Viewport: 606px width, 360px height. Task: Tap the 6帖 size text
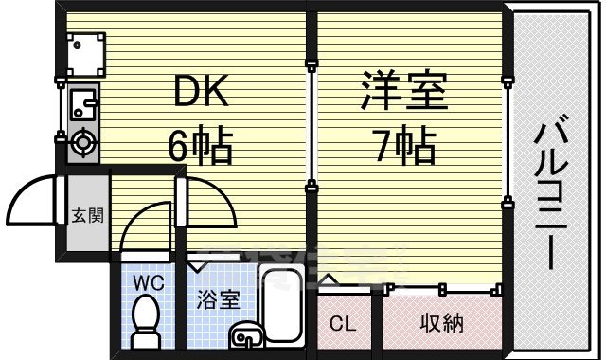click(x=201, y=147)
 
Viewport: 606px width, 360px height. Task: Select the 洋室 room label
click(x=403, y=92)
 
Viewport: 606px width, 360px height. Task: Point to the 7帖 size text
click(x=403, y=147)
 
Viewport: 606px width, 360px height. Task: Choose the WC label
click(x=147, y=281)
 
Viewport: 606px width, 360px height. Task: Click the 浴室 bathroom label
click(x=218, y=301)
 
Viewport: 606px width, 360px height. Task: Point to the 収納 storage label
click(x=441, y=323)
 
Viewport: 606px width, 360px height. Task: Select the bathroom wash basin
click(x=243, y=335)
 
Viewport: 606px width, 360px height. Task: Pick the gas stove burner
click(x=82, y=143)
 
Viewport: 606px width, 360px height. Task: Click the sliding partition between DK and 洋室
click(x=312, y=123)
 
